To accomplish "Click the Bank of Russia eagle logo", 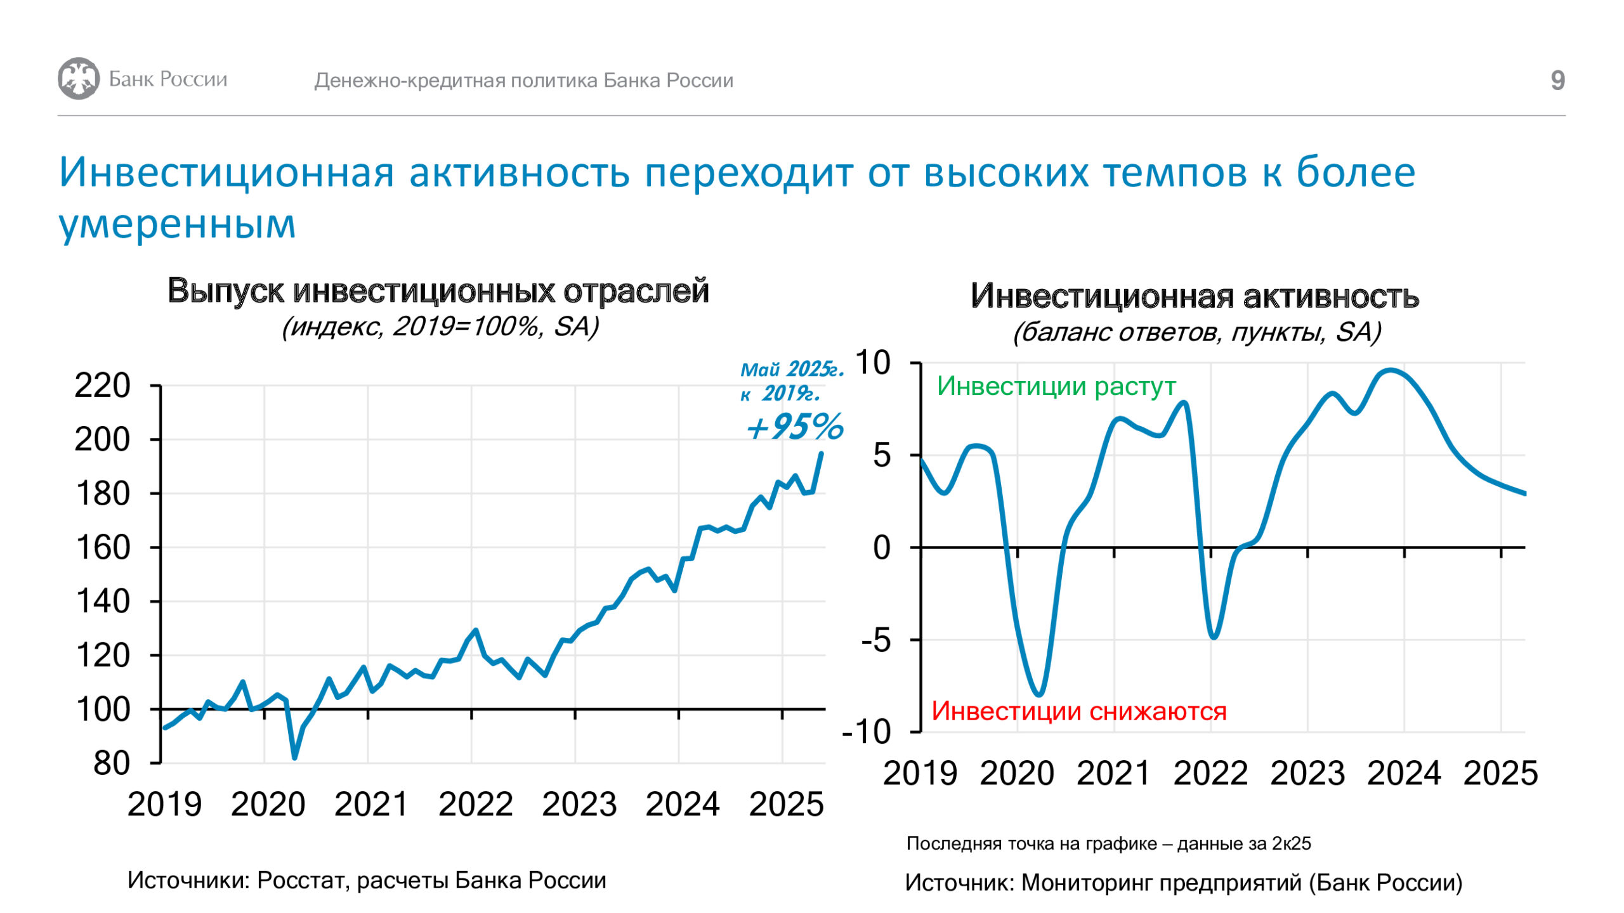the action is coord(79,79).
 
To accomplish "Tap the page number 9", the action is coord(1557,81).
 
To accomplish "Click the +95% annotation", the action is coord(795,426).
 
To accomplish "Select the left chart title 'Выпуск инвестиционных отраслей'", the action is coord(438,291).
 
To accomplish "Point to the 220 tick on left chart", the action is coord(102,385).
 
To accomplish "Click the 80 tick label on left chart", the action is coord(112,763).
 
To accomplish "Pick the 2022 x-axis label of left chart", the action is coord(475,805).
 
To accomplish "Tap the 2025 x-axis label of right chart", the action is coord(1501,774).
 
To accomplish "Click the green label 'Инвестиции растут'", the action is coord(1056,386).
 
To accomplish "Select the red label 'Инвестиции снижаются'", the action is coord(1079,711).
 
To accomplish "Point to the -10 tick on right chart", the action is coord(867,732).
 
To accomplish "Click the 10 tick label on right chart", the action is coord(874,363).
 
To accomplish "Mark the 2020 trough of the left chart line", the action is coord(295,757).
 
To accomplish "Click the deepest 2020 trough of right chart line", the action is coord(1039,694).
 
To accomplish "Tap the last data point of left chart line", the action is coord(822,453).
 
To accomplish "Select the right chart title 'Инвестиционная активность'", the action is coord(1195,296).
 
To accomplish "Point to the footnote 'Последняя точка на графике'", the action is coord(1031,843).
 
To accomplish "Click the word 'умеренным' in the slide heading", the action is coord(177,224).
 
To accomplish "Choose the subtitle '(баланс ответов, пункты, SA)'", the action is coord(1197,332).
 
